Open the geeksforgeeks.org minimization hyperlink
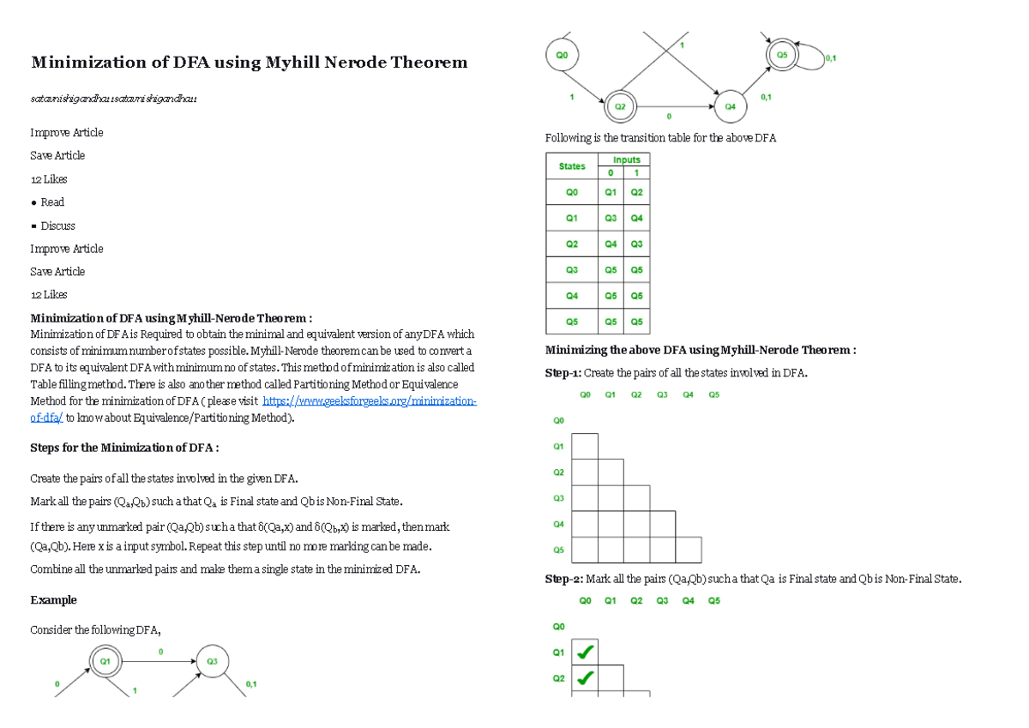click(369, 401)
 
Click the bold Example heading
click(53, 599)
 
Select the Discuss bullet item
click(57, 226)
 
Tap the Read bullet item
click(52, 202)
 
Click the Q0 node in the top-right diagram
click(562, 54)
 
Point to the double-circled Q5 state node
click(781, 55)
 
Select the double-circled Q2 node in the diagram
click(620, 107)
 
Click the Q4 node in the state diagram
click(730, 106)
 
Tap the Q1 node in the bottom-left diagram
click(105, 661)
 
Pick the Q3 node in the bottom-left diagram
click(212, 661)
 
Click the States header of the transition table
click(572, 166)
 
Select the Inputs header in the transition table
click(626, 159)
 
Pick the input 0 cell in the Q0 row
click(611, 192)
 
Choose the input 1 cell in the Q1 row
click(636, 218)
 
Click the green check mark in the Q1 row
click(585, 653)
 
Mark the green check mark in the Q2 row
click(585, 678)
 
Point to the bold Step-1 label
click(563, 372)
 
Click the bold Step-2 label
click(563, 579)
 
